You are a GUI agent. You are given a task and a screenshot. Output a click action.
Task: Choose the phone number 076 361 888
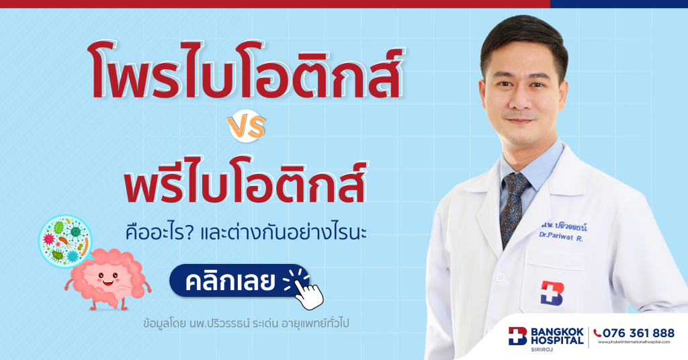(x=638, y=333)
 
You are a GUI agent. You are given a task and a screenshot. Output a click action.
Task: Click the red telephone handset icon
(x=598, y=333)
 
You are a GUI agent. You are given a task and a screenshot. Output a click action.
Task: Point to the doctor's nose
(x=522, y=103)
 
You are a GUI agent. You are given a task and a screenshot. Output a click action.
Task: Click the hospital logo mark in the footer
(x=518, y=335)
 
